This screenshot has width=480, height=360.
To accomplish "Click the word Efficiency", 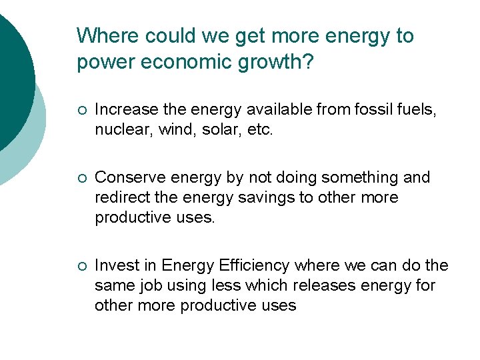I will pos(254,265).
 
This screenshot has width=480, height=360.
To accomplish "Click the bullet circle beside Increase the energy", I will pos(81,110).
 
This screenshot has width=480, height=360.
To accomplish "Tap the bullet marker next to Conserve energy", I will pos(81,178).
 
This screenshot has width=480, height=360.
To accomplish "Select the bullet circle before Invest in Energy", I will pos(81,266).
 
